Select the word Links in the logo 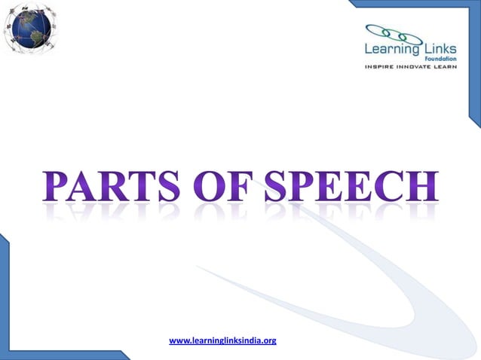(x=448, y=50)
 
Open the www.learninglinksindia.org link (x=222, y=341)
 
